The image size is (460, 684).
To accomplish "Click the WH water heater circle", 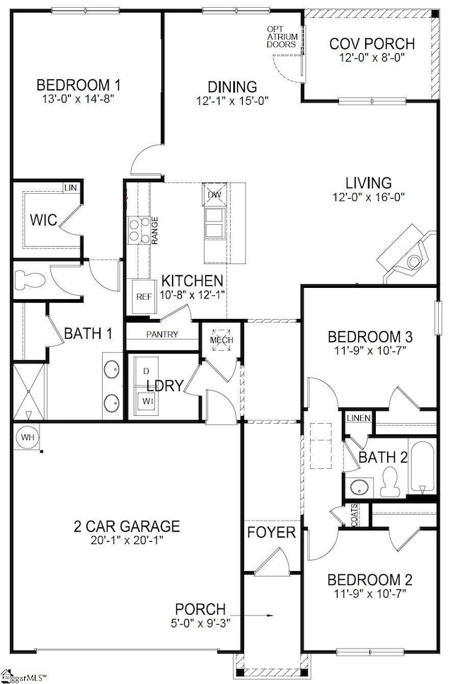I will tap(28, 437).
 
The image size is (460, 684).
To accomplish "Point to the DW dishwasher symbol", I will tap(214, 195).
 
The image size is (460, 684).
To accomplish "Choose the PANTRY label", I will tap(162, 335).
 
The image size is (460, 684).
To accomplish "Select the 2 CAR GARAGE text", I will tap(127, 526).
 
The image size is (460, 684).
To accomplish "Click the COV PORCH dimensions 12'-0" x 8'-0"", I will tap(372, 59).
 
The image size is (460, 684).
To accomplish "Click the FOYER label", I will tap(271, 532).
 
